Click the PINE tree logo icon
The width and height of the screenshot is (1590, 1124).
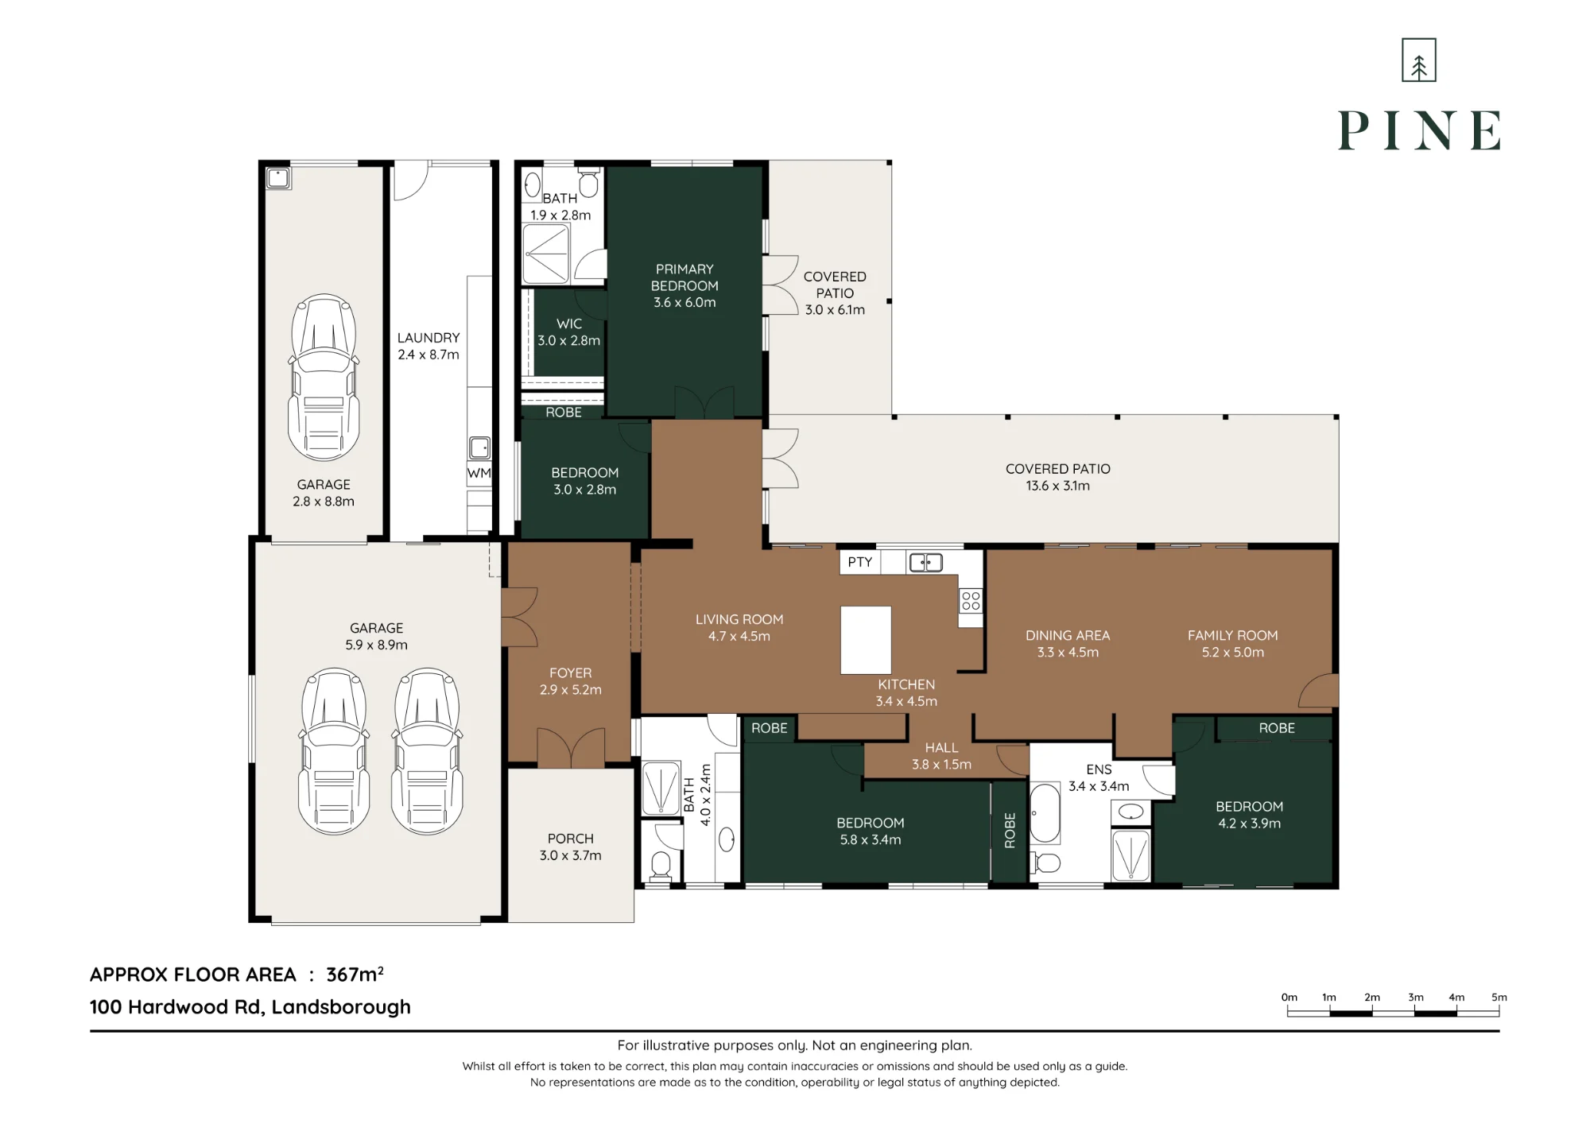1419,60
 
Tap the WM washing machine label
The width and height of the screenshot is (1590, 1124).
479,473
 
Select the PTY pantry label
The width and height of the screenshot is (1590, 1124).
859,562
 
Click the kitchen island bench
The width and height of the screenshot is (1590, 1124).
866,640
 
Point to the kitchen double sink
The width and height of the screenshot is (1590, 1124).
925,563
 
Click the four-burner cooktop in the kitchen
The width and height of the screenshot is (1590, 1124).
971,600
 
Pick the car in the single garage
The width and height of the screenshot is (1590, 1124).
324,378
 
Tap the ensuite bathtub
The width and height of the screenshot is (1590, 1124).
1045,813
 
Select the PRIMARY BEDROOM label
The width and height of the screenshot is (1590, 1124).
684,277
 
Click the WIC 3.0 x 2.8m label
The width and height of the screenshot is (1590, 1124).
568,332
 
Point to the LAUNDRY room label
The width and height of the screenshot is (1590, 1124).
429,338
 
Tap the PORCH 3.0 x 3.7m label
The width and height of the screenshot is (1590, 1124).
571,847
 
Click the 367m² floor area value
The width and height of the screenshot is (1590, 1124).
355,974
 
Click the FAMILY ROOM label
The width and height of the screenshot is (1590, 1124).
1233,635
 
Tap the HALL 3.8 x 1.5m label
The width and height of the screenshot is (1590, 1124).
941,756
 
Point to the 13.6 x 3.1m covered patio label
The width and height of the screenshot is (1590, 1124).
1057,486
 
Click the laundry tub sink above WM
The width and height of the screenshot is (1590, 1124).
479,448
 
